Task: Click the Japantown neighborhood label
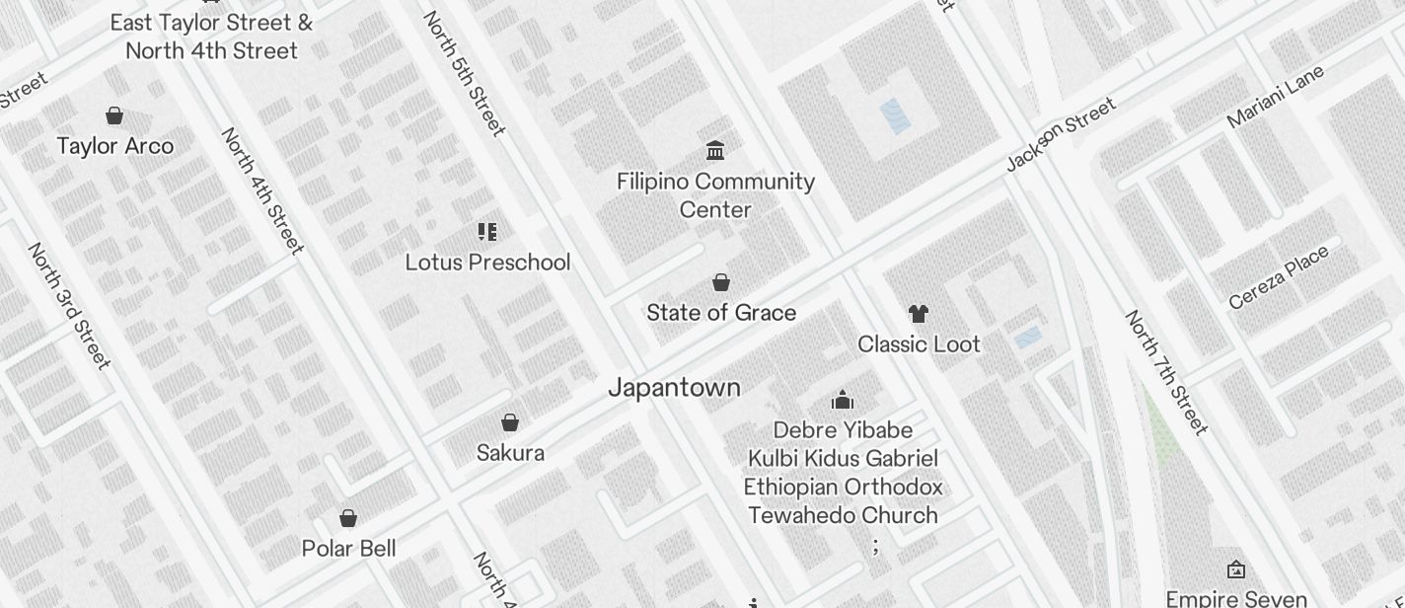[674, 387]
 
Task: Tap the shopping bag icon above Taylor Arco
[114, 115]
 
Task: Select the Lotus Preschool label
[487, 263]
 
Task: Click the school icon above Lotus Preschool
[486, 231]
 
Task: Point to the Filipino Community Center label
[715, 195]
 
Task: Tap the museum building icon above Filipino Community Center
[715, 150]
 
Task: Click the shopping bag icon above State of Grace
[721, 282]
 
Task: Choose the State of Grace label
[721, 313]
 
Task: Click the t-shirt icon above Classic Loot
[919, 314]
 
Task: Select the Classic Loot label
[919, 344]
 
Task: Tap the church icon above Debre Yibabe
[842, 400]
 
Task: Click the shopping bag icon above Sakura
[510, 422]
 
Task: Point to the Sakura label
[510, 453]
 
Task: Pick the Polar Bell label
[348, 549]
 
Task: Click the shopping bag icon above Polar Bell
[348, 518]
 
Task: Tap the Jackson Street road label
[1061, 134]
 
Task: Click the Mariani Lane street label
[1275, 97]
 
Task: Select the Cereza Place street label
[1279, 276]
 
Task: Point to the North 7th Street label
[1166, 372]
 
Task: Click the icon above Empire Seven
[1235, 570]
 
